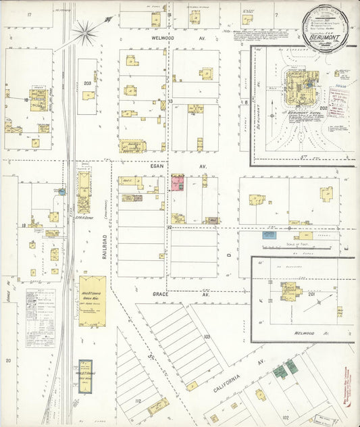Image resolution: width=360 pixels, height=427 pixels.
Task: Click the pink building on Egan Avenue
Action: coord(178,184)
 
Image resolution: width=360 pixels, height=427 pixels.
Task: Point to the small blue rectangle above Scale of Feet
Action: coord(269,235)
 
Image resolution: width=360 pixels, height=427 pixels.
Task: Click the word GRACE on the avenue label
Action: coord(160,295)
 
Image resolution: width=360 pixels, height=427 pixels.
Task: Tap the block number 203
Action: coord(87,82)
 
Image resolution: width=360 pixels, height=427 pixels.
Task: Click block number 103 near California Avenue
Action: coord(207,336)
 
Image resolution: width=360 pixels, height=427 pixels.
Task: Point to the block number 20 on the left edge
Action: coord(8,360)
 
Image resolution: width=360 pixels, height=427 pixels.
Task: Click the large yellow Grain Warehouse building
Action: coord(92,301)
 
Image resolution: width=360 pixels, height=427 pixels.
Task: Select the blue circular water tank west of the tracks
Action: coord(61,192)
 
